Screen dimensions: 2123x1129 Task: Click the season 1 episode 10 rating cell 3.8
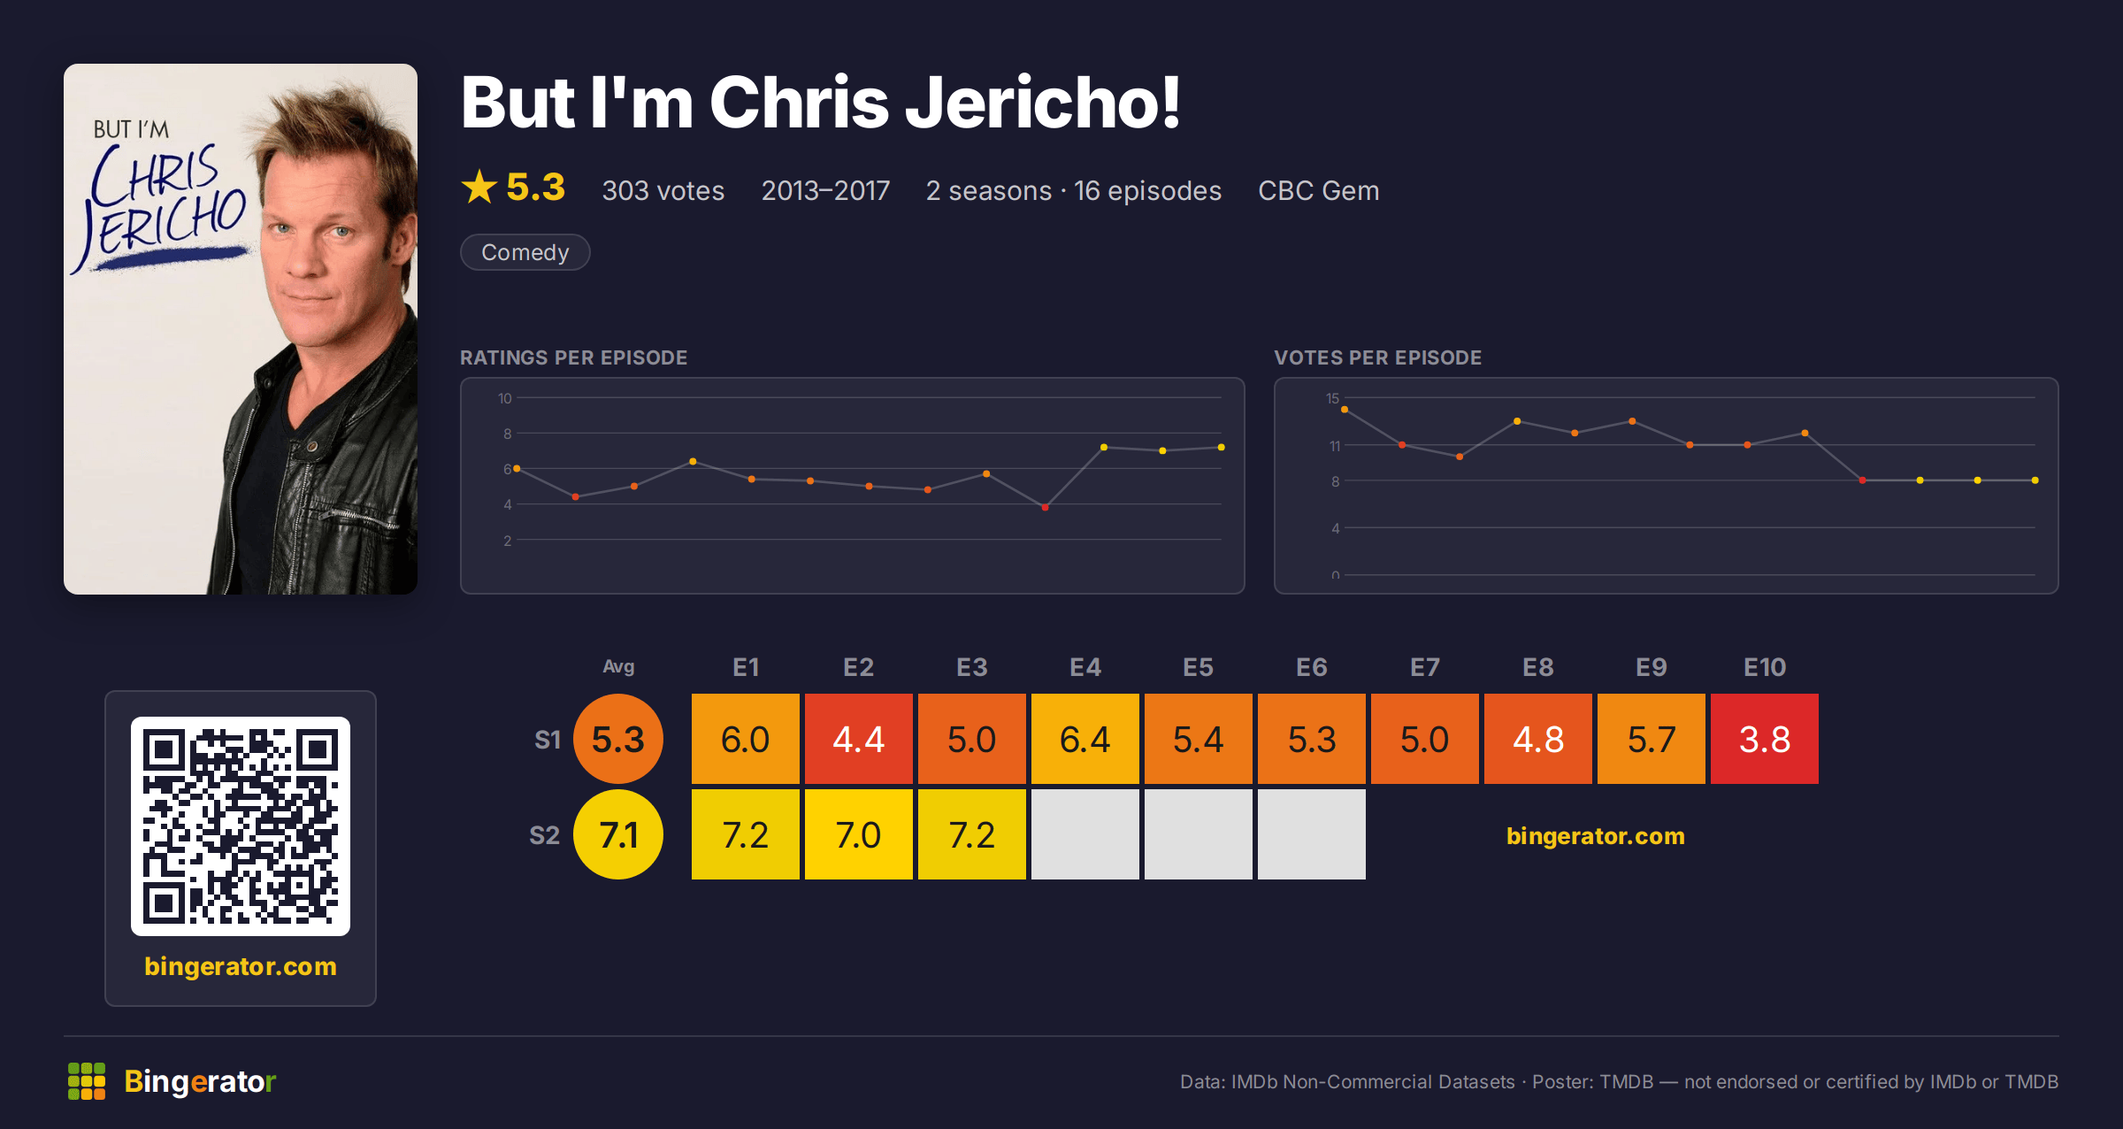click(1764, 739)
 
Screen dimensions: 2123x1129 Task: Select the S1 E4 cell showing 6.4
click(1084, 739)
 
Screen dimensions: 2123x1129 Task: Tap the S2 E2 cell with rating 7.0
click(858, 834)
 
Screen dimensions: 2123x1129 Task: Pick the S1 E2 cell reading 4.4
click(858, 739)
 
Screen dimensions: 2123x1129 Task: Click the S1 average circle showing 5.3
click(618, 739)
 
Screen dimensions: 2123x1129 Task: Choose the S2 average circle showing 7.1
click(618, 834)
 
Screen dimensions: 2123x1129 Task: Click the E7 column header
click(1424, 667)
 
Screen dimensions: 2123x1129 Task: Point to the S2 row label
click(545, 835)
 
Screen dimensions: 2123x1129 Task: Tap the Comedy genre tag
click(525, 252)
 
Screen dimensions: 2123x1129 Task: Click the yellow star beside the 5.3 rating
click(479, 187)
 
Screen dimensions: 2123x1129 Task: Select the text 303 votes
click(663, 190)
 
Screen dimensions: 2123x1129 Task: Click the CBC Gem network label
click(1318, 190)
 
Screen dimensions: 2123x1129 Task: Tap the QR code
click(241, 826)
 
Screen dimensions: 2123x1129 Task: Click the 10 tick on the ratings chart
click(504, 398)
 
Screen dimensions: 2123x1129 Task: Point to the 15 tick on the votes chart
click(1332, 398)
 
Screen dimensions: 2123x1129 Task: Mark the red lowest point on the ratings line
click(1045, 508)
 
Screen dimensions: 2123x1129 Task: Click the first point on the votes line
click(1345, 410)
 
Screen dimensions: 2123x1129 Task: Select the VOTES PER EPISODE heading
click(1377, 357)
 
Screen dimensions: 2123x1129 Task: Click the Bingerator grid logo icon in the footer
click(87, 1081)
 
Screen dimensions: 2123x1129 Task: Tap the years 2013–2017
click(825, 190)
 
